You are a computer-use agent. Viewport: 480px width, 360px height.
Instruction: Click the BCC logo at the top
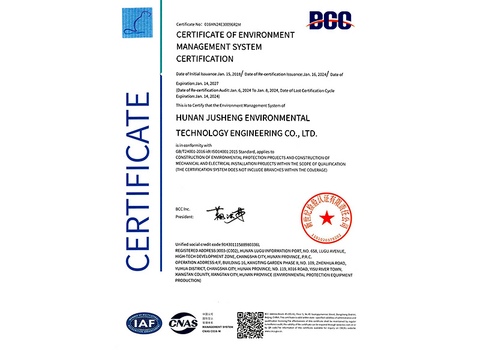click(329, 21)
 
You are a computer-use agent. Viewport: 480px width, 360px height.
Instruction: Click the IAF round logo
click(143, 323)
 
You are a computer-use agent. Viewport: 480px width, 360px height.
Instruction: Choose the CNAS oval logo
click(183, 323)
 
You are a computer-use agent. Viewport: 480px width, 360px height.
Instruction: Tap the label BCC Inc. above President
click(183, 208)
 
